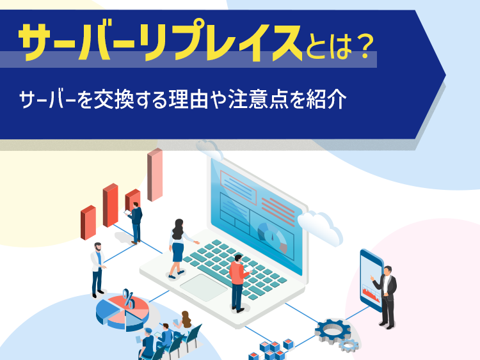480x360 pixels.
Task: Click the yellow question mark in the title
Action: click(x=364, y=46)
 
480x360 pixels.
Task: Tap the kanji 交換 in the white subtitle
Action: click(x=113, y=99)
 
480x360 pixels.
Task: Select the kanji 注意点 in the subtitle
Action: click(x=258, y=99)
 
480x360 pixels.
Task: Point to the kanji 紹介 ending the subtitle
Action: click(x=326, y=99)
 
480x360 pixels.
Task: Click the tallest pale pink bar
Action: click(x=155, y=175)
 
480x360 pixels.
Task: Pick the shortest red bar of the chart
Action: click(x=88, y=223)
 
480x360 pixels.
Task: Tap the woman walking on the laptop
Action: click(x=180, y=248)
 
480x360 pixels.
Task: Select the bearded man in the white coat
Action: click(x=98, y=270)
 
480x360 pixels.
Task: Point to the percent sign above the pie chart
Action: click(x=129, y=299)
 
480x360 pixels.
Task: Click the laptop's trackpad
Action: click(x=204, y=287)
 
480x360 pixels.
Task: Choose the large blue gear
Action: click(x=333, y=331)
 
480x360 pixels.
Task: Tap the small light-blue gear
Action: click(x=349, y=346)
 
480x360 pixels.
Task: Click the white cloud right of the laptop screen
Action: click(x=320, y=227)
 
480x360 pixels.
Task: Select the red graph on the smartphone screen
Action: click(x=371, y=294)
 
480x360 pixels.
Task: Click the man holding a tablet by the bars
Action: click(x=135, y=223)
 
